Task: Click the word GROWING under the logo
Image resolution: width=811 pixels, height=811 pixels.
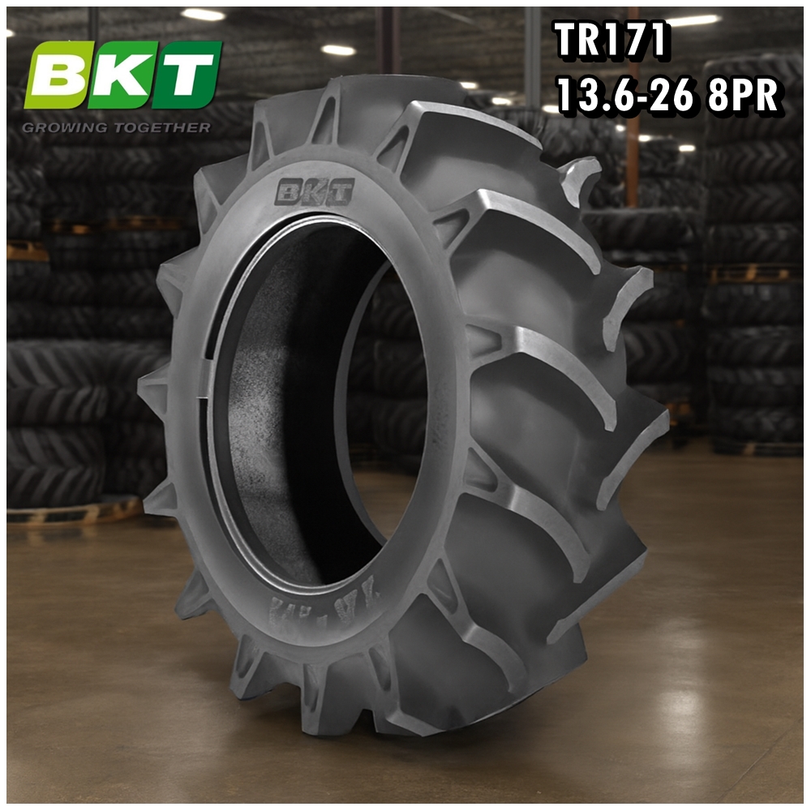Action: click(66, 127)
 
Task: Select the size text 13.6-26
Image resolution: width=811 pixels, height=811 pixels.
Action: click(624, 97)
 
